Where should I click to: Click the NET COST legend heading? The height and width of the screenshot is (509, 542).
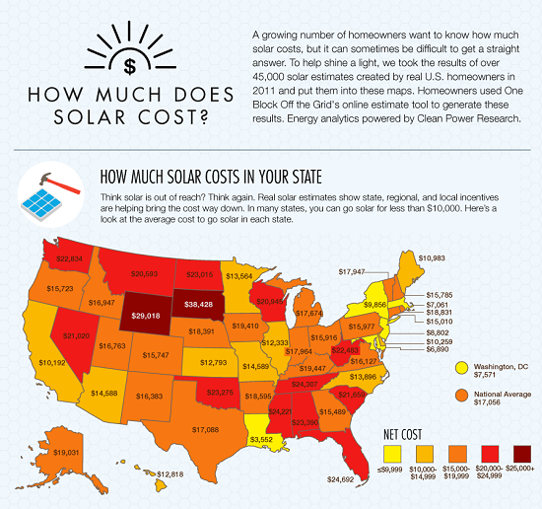[406, 432]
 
